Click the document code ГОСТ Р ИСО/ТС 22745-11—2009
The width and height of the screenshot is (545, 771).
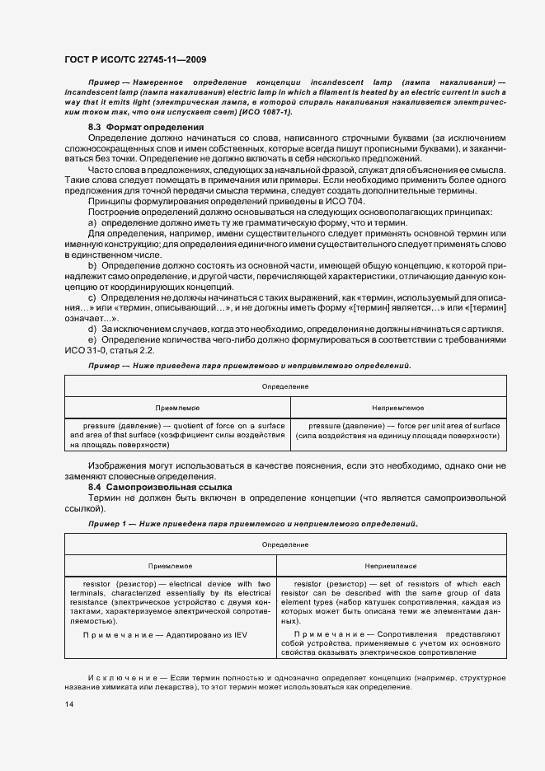[135, 58]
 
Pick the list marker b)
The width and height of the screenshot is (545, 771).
[93, 265]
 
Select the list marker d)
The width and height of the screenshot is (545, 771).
[93, 329]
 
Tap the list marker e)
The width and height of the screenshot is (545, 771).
[93, 339]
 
